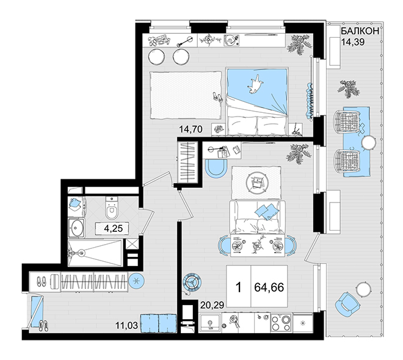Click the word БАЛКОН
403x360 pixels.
pyautogui.click(x=360, y=31)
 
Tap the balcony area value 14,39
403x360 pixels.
pyautogui.click(x=353, y=42)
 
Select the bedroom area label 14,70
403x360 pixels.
pyautogui.click(x=191, y=129)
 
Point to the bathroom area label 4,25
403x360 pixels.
pyautogui.click(x=114, y=228)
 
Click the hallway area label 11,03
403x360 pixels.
pyautogui.click(x=126, y=326)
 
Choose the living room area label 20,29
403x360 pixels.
pyautogui.click(x=212, y=305)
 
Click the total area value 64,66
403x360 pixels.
pyautogui.click(x=269, y=287)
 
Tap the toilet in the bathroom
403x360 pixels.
pyautogui.click(x=112, y=208)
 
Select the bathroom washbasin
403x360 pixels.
pyautogui.click(x=76, y=228)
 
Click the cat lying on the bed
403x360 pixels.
pyautogui.click(x=255, y=84)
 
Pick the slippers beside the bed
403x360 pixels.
pyautogui.click(x=218, y=97)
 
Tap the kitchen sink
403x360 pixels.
pyautogui.click(x=210, y=323)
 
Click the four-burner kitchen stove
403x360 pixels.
pyautogui.click(x=281, y=323)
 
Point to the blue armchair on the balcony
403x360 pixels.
pyautogui.click(x=347, y=303)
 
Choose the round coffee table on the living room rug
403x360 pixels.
pyautogui.click(x=255, y=183)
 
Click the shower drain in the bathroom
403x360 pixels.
pyautogui.click(x=82, y=253)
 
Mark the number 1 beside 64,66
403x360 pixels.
pyautogui.click(x=239, y=287)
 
